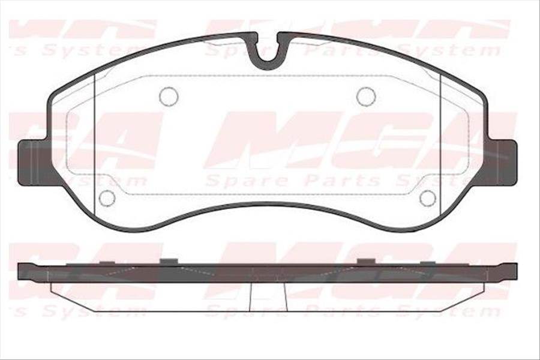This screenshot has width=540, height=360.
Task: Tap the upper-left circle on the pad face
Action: click(x=169, y=96)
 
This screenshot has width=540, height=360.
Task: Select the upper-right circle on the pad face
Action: click(x=366, y=96)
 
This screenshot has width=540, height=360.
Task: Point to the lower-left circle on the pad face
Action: click(x=107, y=197)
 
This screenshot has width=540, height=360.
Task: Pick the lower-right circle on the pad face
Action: click(x=428, y=197)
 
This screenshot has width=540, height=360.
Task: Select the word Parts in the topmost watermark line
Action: click(x=332, y=50)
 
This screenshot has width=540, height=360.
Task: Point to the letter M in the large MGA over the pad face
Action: click(x=264, y=141)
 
